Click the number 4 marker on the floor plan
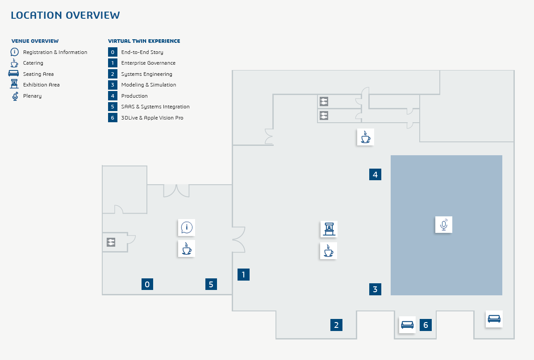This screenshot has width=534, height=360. click(375, 174)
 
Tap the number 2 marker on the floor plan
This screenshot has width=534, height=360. click(336, 325)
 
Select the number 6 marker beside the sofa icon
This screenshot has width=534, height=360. click(426, 325)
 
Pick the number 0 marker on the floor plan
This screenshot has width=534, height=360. click(147, 284)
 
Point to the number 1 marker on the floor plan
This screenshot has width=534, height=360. click(243, 275)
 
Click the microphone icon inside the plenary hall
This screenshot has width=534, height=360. click(443, 224)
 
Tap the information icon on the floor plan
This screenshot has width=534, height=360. click(187, 228)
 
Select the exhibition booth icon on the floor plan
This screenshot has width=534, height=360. click(329, 229)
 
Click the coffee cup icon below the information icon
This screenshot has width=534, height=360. click(187, 248)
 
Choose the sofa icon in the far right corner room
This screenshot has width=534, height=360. click(494, 319)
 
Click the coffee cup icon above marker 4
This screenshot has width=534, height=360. click(365, 137)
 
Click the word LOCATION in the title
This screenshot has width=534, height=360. click(36, 15)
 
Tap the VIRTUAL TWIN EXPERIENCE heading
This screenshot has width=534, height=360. click(144, 41)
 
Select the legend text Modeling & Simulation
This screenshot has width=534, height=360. click(148, 85)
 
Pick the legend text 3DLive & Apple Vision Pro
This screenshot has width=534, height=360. click(152, 118)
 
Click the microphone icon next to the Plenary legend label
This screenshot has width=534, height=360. click(15, 96)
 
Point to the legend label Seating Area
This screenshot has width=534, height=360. click(38, 74)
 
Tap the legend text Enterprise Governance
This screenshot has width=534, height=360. click(148, 63)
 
